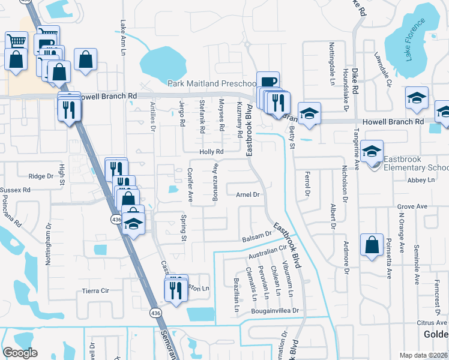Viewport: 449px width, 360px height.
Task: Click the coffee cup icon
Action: point(268,81)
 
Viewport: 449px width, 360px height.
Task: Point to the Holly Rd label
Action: point(211,152)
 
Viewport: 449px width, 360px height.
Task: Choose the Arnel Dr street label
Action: point(247,194)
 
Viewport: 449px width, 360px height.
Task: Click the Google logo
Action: point(20,353)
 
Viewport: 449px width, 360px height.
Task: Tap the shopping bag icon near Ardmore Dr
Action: point(372,244)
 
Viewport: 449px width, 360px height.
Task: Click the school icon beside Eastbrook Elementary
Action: point(372,151)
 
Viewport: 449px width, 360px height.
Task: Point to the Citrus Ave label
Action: point(432,323)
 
